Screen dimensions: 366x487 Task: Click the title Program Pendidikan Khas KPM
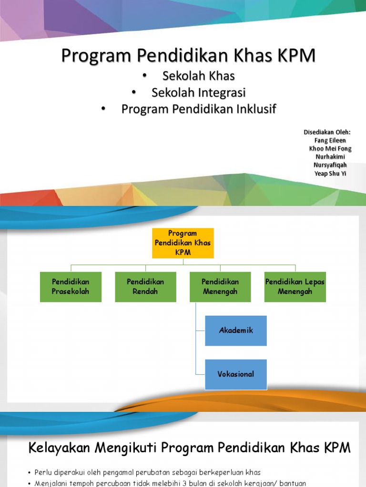tap(188, 56)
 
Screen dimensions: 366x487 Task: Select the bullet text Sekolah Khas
tap(199, 76)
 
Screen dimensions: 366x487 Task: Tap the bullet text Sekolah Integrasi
tap(199, 92)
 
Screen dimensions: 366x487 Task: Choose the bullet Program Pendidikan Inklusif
tap(199, 109)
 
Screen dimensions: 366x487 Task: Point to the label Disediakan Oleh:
tap(327, 132)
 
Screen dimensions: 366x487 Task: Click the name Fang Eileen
tap(330, 140)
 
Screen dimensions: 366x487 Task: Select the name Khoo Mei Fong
tap(330, 148)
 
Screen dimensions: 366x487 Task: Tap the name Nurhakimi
tap(330, 157)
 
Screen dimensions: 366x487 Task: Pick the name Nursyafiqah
tap(330, 165)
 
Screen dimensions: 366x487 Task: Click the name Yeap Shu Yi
tap(330, 174)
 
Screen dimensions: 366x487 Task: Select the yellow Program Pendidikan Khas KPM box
tap(183, 243)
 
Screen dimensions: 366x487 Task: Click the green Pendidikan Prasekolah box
tap(71, 287)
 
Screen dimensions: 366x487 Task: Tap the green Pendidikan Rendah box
tap(145, 287)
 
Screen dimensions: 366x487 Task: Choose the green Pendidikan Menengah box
tap(220, 287)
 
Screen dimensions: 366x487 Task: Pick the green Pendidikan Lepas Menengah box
tap(295, 287)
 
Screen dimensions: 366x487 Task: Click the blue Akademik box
tap(236, 331)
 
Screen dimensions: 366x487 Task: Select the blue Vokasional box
tap(236, 374)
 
